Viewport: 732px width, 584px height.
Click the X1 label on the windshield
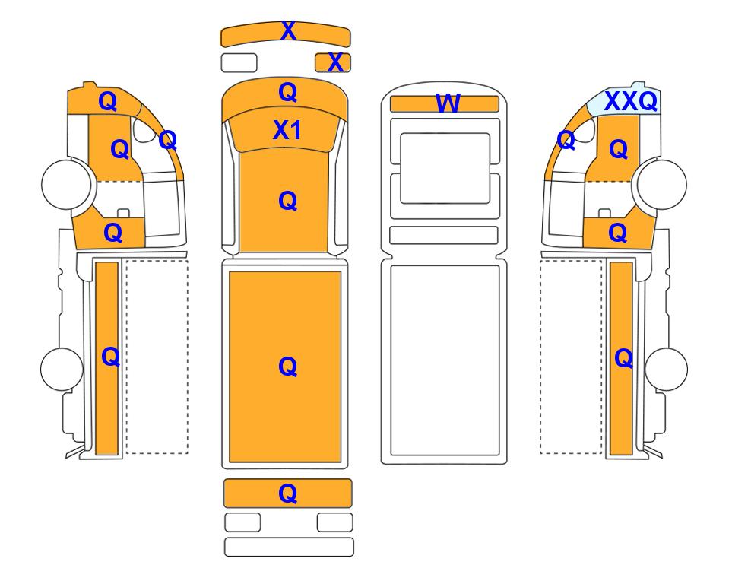[287, 130]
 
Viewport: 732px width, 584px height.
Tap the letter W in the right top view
[448, 103]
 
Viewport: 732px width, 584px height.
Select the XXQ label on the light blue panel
[631, 101]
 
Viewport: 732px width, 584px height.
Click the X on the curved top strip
[288, 31]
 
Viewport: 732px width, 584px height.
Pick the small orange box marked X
[333, 62]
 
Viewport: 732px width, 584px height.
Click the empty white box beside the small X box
[239, 62]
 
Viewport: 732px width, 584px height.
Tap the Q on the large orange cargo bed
[287, 367]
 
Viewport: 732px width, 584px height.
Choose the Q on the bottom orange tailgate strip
[287, 493]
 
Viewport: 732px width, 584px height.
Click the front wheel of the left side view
[66, 184]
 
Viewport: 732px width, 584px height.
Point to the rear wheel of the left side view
[62, 369]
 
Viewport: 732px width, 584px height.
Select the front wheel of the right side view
[662, 184]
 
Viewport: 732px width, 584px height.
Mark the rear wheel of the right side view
[666, 369]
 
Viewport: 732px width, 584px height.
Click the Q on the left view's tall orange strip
[111, 357]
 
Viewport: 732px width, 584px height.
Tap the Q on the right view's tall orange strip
[624, 359]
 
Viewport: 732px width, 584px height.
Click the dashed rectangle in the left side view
[157, 357]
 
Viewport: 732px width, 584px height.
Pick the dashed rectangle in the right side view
[571, 357]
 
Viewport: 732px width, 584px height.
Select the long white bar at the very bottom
[289, 547]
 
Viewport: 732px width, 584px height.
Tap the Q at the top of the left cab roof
[108, 101]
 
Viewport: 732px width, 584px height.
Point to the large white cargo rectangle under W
[445, 360]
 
